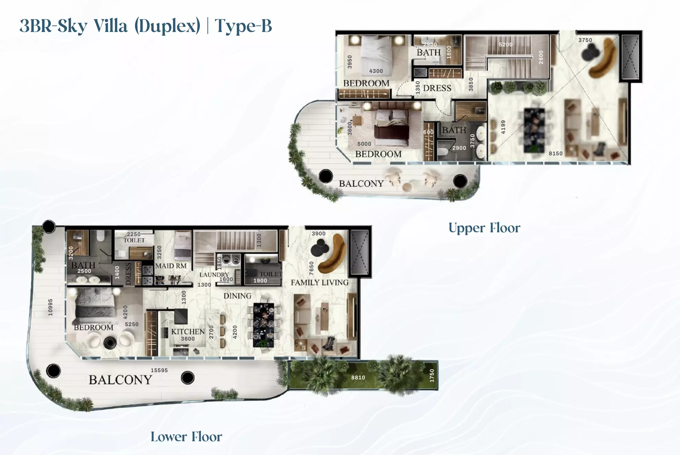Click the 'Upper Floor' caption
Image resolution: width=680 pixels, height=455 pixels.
click(484, 228)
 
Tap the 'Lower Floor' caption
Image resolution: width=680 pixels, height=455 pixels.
click(186, 437)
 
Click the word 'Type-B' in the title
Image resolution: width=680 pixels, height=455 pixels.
click(243, 26)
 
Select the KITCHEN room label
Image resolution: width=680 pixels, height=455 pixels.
click(188, 332)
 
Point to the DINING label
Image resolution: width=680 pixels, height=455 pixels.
click(237, 296)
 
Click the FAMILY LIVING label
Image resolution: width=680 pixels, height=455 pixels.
click(320, 282)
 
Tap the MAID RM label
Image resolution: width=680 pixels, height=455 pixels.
click(171, 266)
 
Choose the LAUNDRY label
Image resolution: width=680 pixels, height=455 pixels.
click(214, 275)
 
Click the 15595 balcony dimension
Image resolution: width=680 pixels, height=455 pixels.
click(159, 370)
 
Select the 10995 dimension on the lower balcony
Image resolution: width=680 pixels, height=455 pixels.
click(50, 307)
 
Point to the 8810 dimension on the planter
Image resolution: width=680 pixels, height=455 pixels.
click(358, 378)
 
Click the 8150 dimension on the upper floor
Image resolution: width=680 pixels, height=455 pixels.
click(556, 154)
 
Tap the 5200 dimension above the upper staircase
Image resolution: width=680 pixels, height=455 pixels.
click(506, 45)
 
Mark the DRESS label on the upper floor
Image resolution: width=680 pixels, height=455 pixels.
click(437, 88)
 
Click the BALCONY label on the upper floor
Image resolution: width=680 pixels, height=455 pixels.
click(361, 184)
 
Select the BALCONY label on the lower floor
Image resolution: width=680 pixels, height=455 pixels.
click(120, 380)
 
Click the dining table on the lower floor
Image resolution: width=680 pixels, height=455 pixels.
click(263, 325)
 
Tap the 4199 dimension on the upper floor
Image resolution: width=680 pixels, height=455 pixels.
click(503, 127)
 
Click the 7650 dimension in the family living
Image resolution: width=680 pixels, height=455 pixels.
click(311, 268)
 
